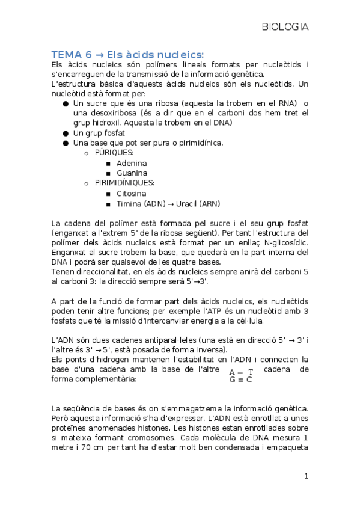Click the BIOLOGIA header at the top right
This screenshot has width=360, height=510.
[x=285, y=27]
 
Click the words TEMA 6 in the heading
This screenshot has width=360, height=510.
[x=70, y=54]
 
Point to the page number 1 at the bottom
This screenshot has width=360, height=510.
[x=306, y=476]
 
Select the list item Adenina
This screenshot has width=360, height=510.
[x=132, y=163]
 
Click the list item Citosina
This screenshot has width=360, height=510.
[x=131, y=194]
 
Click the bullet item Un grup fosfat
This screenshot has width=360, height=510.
[x=100, y=132]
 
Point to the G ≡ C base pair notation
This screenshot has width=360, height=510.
[x=241, y=379]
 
